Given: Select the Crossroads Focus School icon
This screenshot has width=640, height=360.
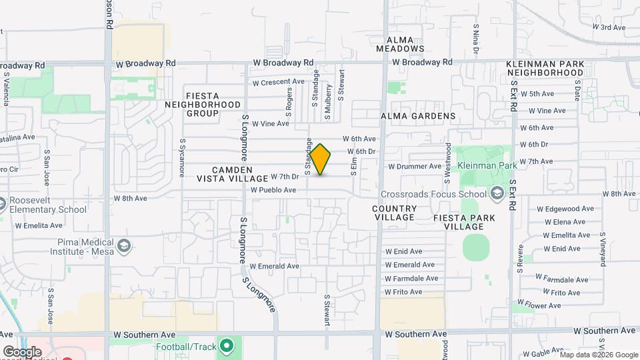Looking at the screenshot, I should tap(496, 194).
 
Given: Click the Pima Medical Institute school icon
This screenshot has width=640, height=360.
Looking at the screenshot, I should tap(123, 247).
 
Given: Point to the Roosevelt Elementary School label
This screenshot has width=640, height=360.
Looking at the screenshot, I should tap(49, 204).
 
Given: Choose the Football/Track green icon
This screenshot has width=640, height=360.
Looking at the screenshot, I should tap(227, 346).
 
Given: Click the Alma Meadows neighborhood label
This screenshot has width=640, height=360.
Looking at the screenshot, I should tap(399, 44).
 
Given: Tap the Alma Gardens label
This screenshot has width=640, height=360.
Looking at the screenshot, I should tap(418, 116).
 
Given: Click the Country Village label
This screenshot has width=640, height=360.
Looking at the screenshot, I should tap(395, 213).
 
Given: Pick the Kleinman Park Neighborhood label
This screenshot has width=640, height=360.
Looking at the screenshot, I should tap(545, 68).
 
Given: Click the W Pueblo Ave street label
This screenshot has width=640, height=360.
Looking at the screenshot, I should tap(273, 190).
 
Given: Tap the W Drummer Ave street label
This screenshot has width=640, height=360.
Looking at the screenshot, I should tap(415, 166).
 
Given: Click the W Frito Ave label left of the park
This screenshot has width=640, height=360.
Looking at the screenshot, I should tap(403, 292).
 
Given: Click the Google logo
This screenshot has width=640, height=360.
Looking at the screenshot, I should tap(22, 351).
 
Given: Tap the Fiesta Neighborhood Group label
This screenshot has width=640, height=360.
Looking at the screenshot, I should tap(203, 105).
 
